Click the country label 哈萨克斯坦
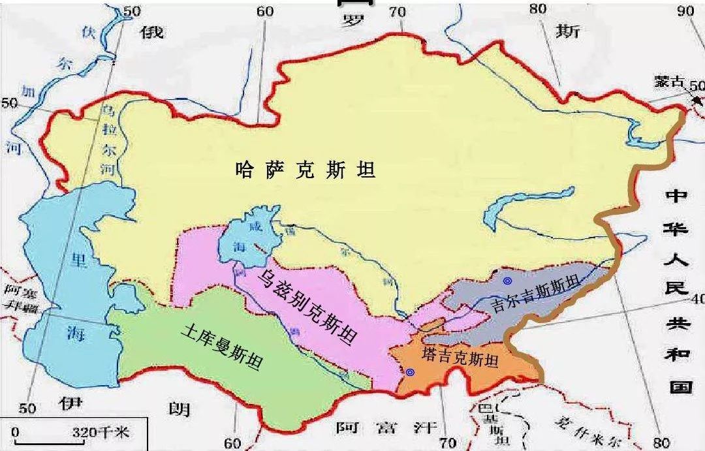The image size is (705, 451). point(305,171)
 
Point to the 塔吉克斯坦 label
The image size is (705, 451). point(460,358)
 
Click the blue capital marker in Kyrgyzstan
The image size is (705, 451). point(507,281)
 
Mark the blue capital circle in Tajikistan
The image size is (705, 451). point(410,372)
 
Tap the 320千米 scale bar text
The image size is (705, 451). point(101,432)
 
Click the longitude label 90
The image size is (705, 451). point(686,10)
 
